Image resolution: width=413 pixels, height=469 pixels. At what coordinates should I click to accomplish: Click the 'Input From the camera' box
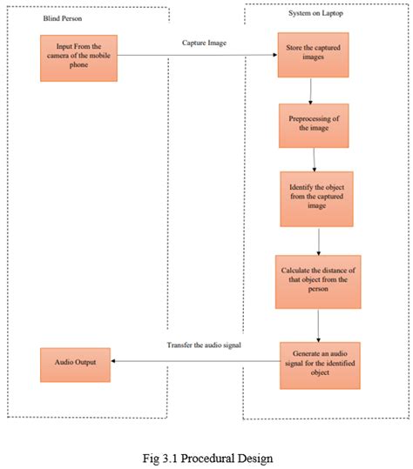(78, 58)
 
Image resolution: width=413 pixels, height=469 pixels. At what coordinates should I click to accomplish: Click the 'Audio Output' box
(76, 363)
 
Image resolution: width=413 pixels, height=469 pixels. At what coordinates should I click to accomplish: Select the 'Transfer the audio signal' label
(203, 346)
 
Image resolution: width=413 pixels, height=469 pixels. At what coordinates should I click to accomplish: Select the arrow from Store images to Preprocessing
(311, 90)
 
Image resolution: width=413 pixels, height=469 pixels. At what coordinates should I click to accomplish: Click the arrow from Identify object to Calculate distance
(320, 240)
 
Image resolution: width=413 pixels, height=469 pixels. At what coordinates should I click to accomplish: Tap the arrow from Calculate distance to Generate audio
(320, 325)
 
